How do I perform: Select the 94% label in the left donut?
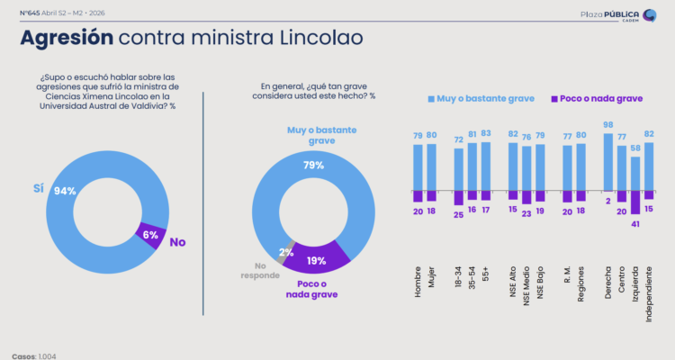(x=65, y=192)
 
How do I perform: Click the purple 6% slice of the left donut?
(x=150, y=236)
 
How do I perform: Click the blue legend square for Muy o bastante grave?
(x=431, y=97)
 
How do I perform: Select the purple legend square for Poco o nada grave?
(x=552, y=97)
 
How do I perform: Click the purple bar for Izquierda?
(x=635, y=202)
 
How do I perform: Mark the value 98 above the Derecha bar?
(x=608, y=125)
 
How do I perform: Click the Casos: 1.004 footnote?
(x=33, y=355)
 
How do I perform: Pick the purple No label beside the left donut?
(x=177, y=242)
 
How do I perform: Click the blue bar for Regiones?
(x=580, y=166)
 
